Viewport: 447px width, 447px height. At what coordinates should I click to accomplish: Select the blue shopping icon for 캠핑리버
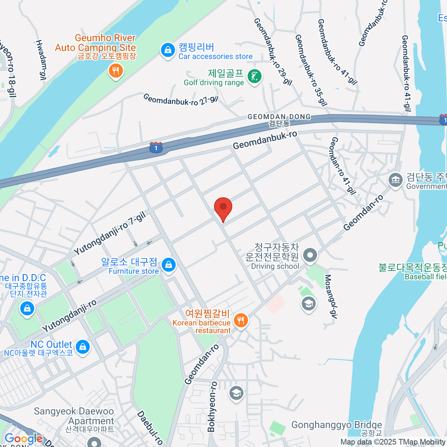click(168, 50)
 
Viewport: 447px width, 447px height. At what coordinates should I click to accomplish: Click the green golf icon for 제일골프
click(255, 77)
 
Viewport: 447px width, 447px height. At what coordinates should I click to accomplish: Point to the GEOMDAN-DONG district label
click(279, 117)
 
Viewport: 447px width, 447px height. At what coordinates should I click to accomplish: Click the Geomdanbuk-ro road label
click(265, 140)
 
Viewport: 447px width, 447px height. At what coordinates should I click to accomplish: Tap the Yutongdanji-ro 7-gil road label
click(110, 233)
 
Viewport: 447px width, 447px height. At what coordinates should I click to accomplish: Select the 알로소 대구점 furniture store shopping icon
click(168, 265)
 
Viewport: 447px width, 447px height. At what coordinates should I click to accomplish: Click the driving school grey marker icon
click(310, 256)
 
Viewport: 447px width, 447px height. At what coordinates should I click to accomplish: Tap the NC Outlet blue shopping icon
click(82, 347)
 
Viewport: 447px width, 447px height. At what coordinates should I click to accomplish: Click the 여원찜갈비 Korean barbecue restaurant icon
click(241, 320)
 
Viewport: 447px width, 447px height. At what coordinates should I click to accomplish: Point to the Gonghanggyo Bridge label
click(336, 425)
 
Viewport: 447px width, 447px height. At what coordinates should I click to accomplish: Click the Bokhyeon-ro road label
click(212, 406)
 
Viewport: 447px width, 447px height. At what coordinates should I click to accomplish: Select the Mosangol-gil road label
click(330, 297)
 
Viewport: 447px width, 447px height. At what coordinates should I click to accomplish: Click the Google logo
click(23, 439)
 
